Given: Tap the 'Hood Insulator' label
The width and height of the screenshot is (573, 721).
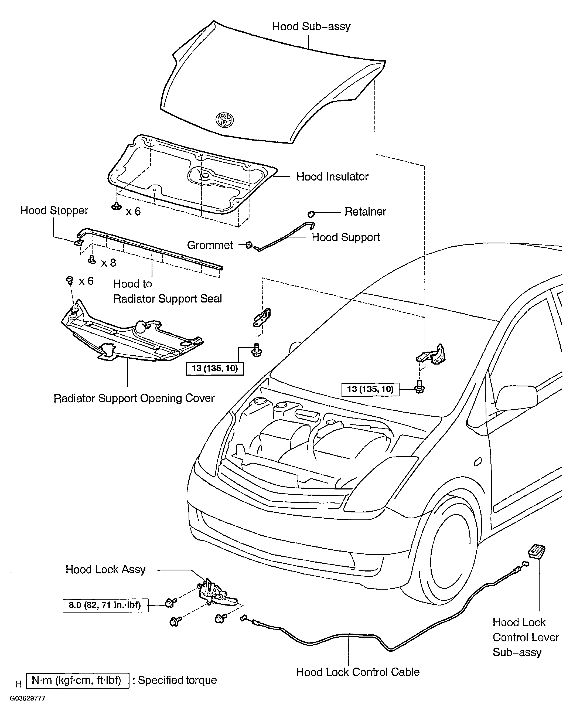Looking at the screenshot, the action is [x=332, y=176].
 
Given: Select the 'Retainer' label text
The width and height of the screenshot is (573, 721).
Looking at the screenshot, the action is [x=365, y=211].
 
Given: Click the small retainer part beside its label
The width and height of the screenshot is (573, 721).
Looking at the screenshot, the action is [x=311, y=213].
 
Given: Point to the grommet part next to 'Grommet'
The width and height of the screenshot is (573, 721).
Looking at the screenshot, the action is [x=249, y=245].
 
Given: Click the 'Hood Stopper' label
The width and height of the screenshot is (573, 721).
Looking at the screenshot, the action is [x=54, y=210].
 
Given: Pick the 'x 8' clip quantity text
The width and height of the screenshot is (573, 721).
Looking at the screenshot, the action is [x=109, y=263].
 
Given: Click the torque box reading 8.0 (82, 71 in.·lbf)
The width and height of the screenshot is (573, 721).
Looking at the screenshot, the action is [x=106, y=605].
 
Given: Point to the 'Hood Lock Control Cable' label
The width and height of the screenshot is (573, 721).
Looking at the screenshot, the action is [x=358, y=672].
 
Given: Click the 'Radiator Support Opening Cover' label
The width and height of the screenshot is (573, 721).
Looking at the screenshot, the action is [x=134, y=398].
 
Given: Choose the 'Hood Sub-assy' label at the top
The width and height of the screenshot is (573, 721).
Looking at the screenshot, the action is [x=311, y=26].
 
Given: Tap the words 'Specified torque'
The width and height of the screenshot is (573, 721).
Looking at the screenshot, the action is [x=178, y=680].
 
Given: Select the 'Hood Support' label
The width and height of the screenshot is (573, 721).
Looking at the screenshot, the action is [x=346, y=237].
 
